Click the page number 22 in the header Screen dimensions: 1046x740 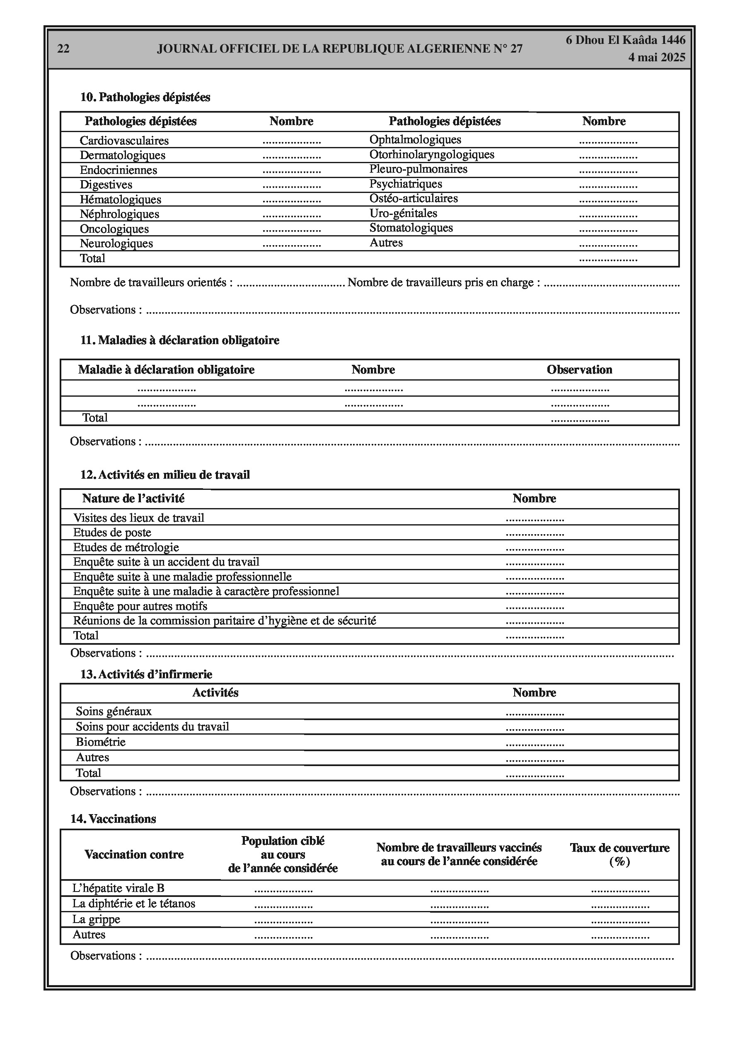63,49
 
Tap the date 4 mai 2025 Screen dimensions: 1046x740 657,58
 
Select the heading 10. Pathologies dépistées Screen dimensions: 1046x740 145,97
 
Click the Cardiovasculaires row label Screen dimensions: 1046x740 124,140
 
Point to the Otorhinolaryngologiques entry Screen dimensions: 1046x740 431,154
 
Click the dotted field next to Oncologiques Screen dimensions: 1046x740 291,229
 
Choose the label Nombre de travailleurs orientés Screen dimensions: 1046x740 151,282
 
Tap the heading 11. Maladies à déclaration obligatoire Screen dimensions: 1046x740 180,340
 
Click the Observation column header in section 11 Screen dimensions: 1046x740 579,369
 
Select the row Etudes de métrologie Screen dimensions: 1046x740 126,547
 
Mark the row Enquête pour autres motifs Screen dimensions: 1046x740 140,606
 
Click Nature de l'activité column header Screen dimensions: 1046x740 133,499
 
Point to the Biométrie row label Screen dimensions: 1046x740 100,742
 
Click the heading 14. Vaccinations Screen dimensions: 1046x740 113,819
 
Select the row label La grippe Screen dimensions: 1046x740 96,919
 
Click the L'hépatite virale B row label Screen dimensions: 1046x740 118,888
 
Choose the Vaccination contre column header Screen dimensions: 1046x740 134,854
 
